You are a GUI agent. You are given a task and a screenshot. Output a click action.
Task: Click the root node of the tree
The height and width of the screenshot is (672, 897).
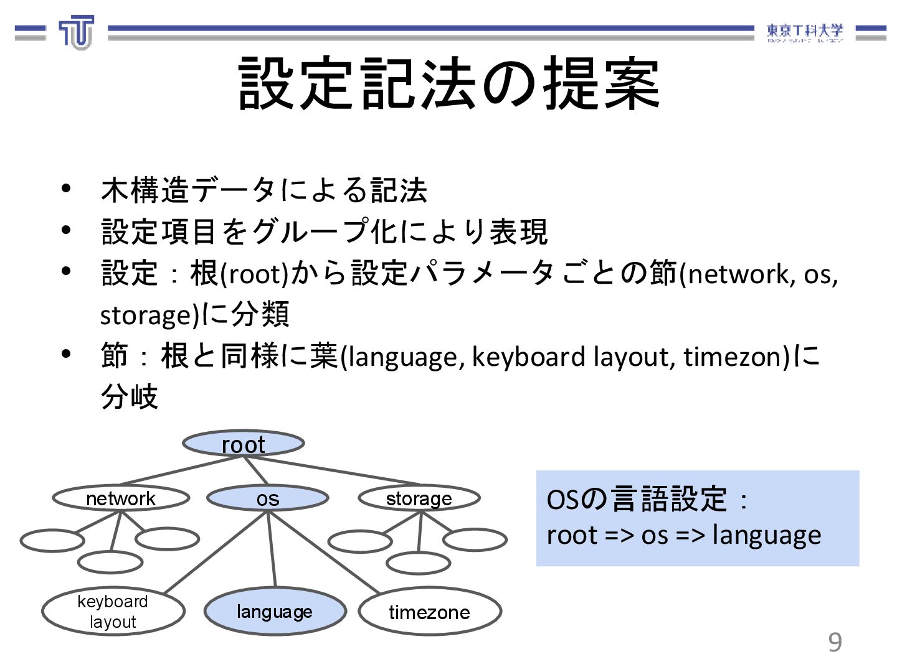[243, 444]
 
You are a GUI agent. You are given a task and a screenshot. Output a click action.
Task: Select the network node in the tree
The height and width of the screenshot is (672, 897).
[121, 498]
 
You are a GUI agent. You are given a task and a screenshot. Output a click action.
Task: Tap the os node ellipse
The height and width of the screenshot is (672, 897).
[268, 498]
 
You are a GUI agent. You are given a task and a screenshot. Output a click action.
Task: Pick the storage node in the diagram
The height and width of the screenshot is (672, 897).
[419, 498]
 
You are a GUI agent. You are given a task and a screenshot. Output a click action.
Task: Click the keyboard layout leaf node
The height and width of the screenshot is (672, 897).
[113, 611]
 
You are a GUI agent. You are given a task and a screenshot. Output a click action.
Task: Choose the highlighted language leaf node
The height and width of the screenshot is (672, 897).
[275, 611]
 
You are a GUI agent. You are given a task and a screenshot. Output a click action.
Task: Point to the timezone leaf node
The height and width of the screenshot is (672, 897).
[429, 612]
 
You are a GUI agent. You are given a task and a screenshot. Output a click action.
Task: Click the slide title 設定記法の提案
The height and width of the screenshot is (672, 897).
[448, 84]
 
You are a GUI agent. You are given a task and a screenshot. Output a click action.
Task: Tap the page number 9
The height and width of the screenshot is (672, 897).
[835, 642]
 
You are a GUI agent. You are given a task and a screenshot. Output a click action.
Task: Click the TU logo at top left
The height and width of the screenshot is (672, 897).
[77, 32]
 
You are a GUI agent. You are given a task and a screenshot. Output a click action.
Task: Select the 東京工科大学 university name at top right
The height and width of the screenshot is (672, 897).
[804, 31]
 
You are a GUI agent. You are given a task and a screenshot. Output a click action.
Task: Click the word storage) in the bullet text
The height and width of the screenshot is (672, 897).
[148, 315]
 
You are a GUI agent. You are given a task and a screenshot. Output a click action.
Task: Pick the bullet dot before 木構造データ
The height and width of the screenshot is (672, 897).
[66, 189]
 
